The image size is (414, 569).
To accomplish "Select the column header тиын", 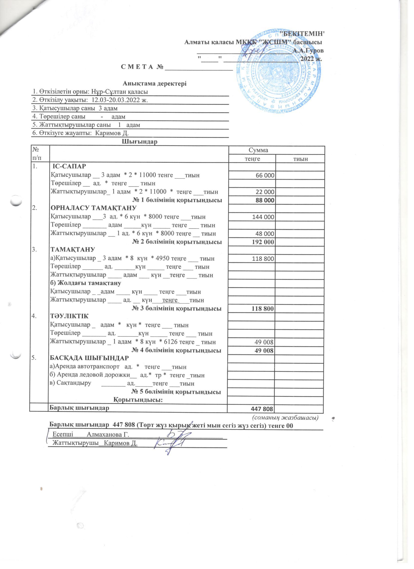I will coord(300,159).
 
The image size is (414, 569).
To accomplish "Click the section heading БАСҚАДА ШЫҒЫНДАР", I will coord(90,357).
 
